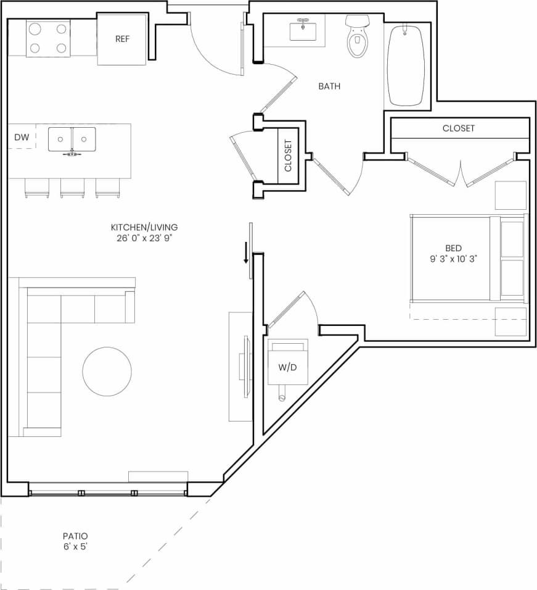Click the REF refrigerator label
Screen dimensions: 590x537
pos(121,39)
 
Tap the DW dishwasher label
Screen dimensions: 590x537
pos(21,137)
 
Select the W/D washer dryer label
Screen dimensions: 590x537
pos(287,367)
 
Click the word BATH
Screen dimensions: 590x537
pos(329,86)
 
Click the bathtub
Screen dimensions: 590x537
pos(405,65)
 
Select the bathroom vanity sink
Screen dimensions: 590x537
pos(303,31)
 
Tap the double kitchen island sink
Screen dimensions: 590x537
pos(72,138)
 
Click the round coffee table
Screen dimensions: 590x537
pos(107,371)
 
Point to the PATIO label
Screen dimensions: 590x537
pos(75,536)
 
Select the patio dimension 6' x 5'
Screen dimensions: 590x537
pos(75,547)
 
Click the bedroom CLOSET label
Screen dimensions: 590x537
pos(459,128)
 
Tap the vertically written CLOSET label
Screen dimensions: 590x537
pos(288,156)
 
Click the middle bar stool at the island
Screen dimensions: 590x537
pos(72,188)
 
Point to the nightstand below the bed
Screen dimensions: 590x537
pos(510,321)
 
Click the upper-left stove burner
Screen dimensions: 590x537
pos(36,28)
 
